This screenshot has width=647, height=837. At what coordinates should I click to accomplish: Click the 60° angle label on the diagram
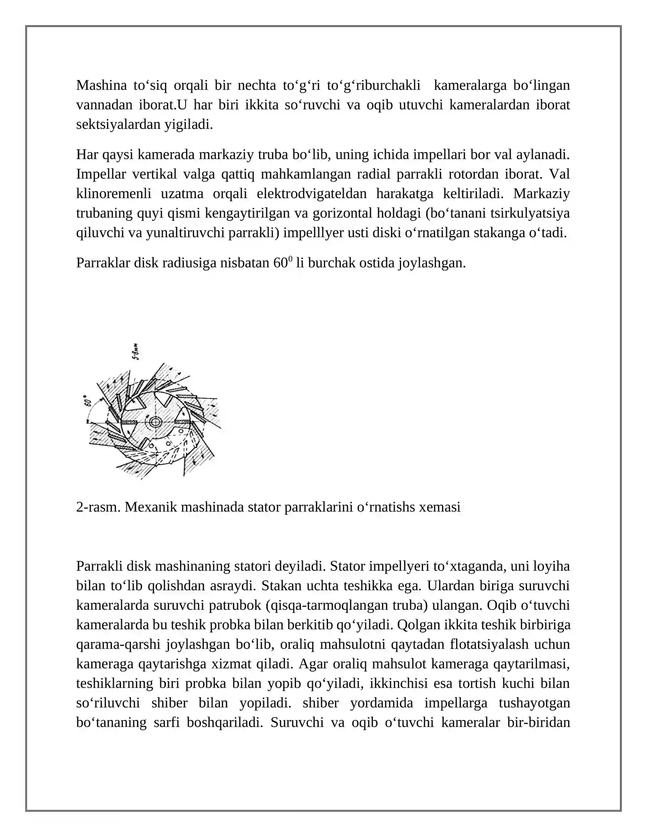[x=87, y=402]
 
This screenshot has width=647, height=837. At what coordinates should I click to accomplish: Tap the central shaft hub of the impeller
[x=155, y=422]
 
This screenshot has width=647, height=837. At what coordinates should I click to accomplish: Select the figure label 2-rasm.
[x=98, y=507]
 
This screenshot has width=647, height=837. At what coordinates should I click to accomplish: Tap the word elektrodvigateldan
[x=311, y=194]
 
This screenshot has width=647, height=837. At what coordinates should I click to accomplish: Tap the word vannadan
[x=103, y=105]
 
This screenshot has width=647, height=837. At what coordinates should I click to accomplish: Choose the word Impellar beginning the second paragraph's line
[x=101, y=174]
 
